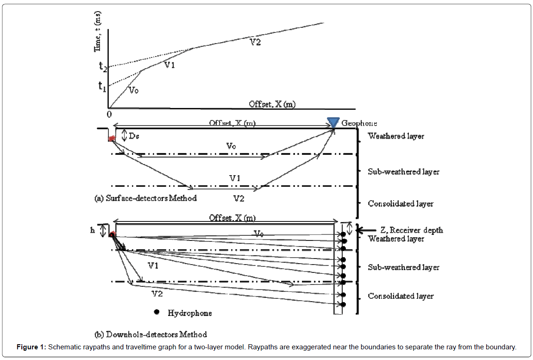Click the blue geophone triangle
pos(333,122)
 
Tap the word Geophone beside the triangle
pos(359,123)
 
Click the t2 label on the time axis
pos(103,66)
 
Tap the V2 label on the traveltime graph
pos(255,42)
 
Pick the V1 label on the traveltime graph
pos(169,65)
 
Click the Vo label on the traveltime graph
pos(133,90)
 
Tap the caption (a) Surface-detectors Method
pos(145,198)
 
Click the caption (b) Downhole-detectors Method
pos(150,334)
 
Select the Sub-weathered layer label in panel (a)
pos(403,172)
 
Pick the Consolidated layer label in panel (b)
pos(401,296)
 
